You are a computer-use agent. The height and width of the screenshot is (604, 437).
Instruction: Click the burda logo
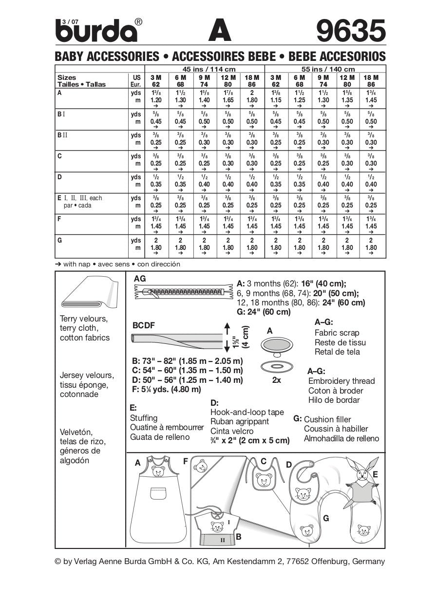[x=96, y=32]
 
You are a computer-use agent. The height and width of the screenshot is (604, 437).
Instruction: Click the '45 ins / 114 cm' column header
[x=205, y=69]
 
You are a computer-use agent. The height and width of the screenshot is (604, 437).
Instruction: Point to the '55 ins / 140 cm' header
[x=324, y=69]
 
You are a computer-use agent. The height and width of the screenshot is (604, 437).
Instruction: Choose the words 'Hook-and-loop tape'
[x=247, y=412]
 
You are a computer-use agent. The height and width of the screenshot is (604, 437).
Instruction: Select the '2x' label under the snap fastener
[x=276, y=380]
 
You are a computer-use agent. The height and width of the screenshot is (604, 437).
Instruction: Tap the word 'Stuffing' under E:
[x=144, y=418]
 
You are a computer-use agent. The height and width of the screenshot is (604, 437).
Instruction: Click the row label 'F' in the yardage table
[x=59, y=219]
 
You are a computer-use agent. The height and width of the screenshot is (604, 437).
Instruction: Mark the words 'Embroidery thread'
[x=342, y=381]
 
